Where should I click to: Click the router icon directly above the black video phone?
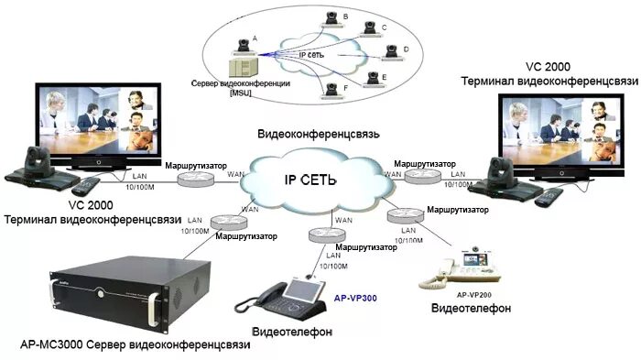tap(323, 235)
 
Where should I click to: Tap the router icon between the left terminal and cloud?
tap(195, 178)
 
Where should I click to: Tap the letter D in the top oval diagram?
tap(406, 49)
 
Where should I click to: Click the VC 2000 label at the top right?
tap(548, 68)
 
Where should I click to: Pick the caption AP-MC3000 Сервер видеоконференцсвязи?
tap(134, 345)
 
